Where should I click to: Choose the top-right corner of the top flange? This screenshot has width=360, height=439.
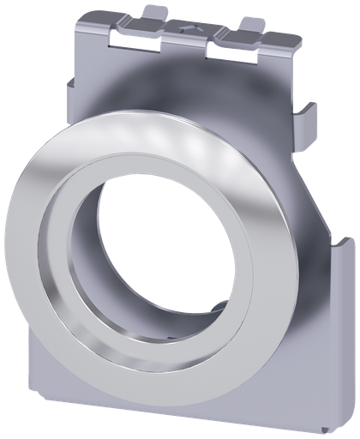[x=299, y=42]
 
